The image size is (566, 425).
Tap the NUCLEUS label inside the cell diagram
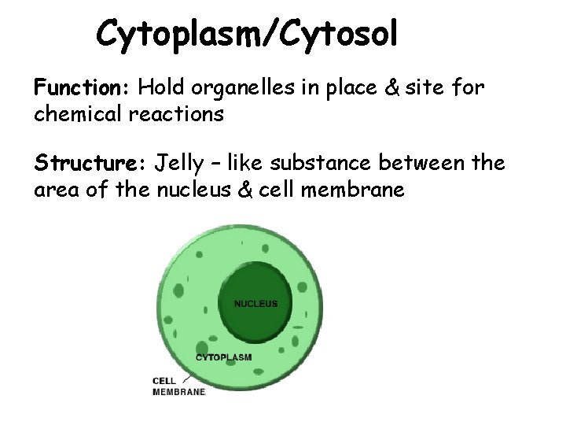point(256,303)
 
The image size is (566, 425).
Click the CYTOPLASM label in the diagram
point(224,357)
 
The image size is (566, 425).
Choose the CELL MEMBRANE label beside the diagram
point(178,386)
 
